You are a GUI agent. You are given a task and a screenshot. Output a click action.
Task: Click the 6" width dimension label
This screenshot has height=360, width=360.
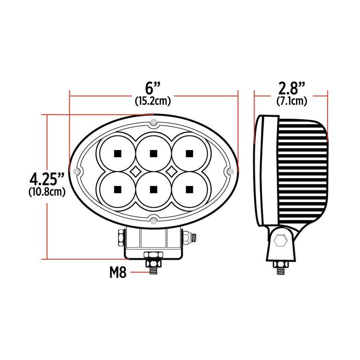click(153, 87)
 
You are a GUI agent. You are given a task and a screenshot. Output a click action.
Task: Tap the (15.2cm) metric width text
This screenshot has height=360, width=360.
click(153, 101)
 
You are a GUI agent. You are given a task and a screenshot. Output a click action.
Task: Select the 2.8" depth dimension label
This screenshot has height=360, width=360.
click(291, 87)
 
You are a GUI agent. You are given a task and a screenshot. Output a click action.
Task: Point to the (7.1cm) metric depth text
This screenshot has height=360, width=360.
click(291, 101)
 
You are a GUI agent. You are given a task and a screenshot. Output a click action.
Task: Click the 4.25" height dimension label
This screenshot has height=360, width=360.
click(45, 179)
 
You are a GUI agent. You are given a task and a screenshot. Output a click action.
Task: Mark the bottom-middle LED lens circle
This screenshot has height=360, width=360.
click(153, 189)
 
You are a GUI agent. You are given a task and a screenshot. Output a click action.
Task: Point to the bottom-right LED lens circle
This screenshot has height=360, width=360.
click(189, 189)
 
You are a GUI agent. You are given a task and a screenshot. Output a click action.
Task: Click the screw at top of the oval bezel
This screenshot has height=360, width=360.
click(153, 123)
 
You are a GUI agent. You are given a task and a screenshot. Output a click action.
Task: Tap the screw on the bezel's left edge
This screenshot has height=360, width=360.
click(77, 171)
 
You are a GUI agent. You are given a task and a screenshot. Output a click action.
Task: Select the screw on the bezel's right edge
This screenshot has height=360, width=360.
click(230, 171)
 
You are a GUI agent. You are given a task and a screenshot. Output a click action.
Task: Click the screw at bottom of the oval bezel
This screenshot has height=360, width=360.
click(153, 220)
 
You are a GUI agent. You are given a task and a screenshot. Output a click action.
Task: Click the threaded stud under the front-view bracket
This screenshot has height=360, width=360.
click(153, 267)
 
